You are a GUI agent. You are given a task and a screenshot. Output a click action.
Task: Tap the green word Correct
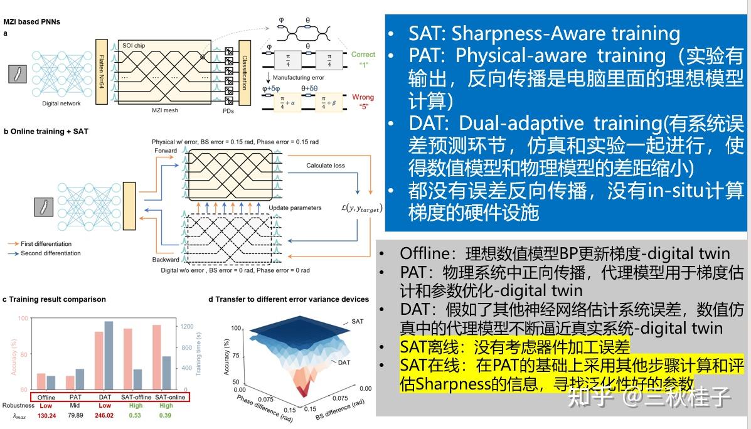[363, 55]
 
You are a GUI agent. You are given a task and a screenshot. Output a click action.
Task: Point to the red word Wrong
[363, 97]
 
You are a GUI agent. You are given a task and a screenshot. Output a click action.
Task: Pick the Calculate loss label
[325, 166]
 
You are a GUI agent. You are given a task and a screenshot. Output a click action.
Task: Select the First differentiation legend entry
[46, 244]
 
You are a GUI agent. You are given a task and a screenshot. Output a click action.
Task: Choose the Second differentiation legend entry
[50, 253]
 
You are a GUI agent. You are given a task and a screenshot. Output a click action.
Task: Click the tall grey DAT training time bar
[109, 355]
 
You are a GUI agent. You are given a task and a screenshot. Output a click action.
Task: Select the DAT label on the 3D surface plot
[344, 363]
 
